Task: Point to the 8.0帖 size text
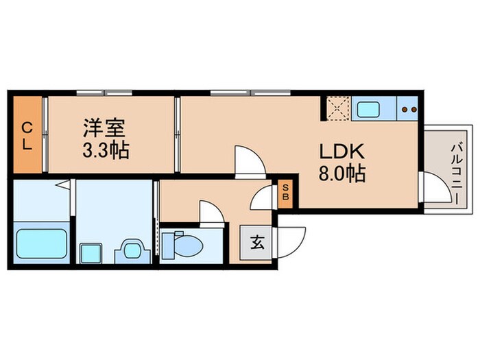tap(340, 173)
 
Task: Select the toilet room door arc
tap(212, 211)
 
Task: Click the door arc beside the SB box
tap(262, 200)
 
